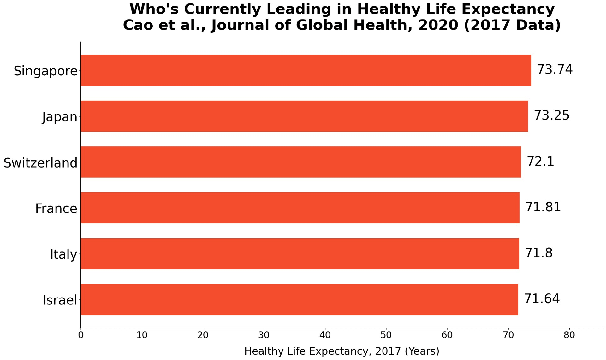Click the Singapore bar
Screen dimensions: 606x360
306,70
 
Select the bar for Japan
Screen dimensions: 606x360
304,116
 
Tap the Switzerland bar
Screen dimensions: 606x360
301,162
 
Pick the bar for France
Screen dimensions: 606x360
300,208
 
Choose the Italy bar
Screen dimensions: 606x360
300,254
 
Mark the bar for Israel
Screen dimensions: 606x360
300,299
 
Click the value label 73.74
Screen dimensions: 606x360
555,70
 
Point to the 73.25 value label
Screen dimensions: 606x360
551,115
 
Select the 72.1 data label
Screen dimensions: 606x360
540,162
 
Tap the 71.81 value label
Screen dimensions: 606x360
543,207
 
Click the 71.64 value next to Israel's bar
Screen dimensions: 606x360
542,299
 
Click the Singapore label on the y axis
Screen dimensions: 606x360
45,71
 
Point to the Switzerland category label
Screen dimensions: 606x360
40,163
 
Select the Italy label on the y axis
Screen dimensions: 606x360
63,254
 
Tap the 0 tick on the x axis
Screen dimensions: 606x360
81,335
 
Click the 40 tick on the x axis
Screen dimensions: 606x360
325,335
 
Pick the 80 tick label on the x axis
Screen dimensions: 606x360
569,335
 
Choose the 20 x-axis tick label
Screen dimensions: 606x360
203,335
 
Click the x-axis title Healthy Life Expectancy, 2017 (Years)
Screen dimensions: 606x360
342,351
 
